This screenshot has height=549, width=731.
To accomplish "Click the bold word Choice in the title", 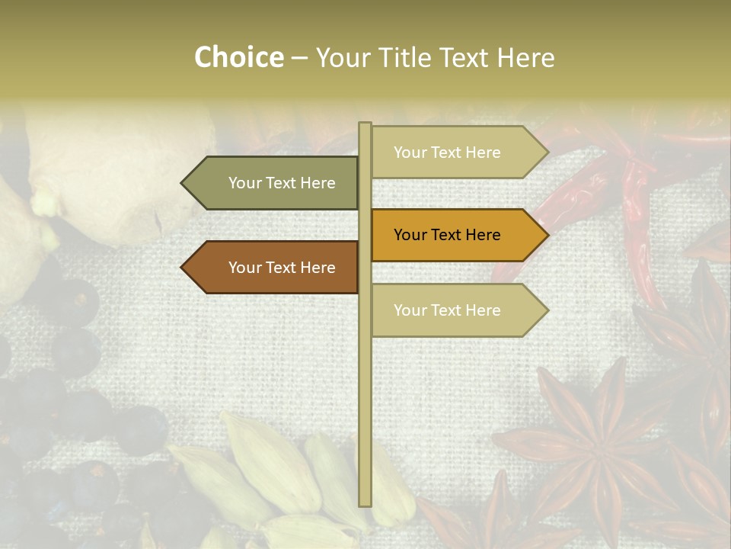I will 238,57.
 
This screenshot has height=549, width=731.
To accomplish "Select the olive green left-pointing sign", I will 274,183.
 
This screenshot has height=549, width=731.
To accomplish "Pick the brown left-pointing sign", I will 274,268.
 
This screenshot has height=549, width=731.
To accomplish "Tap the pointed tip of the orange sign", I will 546,235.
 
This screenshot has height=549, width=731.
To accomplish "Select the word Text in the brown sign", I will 282,268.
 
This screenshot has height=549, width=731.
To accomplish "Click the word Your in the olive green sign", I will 244,183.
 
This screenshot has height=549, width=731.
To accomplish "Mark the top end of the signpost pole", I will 365,125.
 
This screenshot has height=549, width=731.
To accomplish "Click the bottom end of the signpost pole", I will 365,503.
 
